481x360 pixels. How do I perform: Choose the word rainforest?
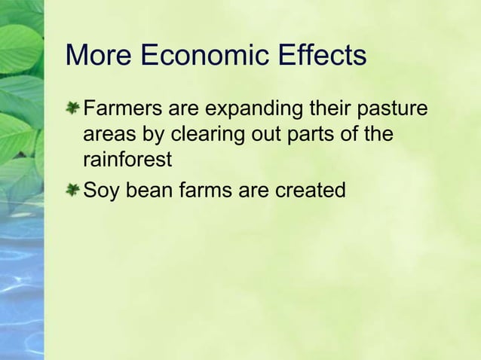[x=127, y=161]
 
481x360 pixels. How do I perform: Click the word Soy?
[x=100, y=191]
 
